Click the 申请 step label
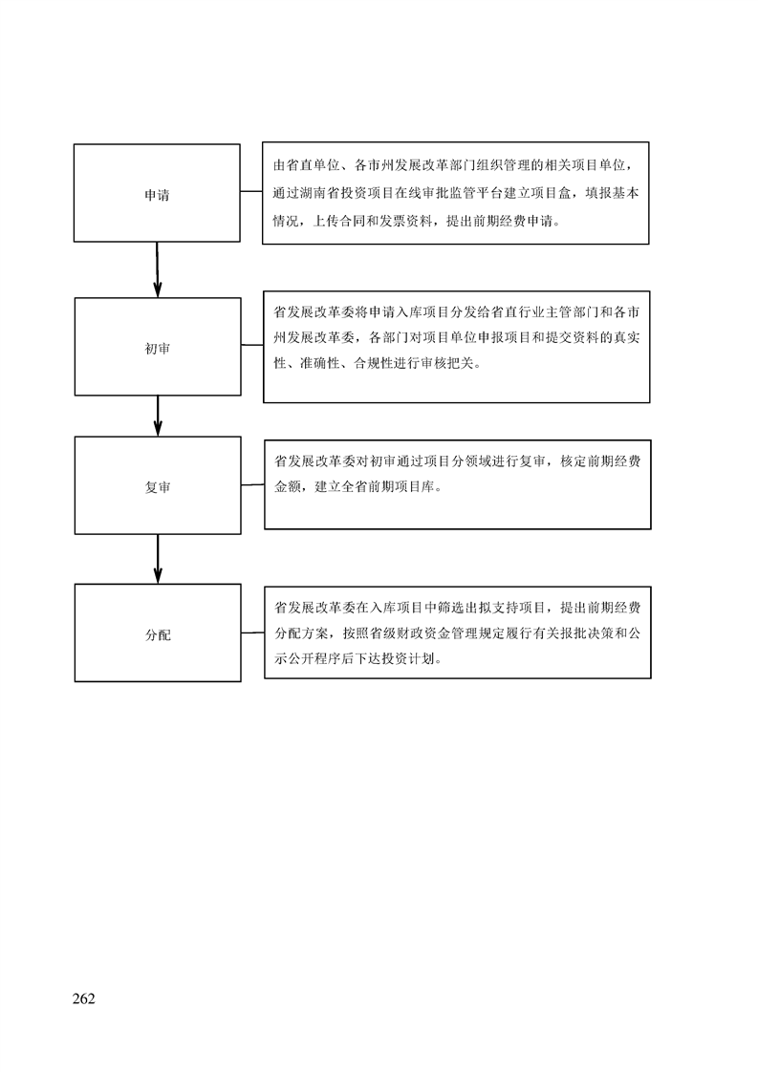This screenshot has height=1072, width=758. pos(157,196)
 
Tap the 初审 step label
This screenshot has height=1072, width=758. pos(158,349)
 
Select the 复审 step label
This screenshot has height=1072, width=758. pos(158,487)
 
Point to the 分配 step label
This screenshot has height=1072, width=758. pos(158,635)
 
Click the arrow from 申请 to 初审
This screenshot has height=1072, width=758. pos(158,269)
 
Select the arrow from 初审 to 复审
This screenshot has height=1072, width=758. pos(158,416)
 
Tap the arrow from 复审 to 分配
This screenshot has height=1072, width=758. pos(158,559)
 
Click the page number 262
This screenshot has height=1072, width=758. pos(83,998)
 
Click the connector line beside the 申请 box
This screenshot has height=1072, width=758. pos(251,192)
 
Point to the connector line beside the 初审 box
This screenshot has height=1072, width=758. pos(251,345)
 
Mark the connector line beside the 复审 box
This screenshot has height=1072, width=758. pos(252,484)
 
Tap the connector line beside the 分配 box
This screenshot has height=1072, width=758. pos(252,632)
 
